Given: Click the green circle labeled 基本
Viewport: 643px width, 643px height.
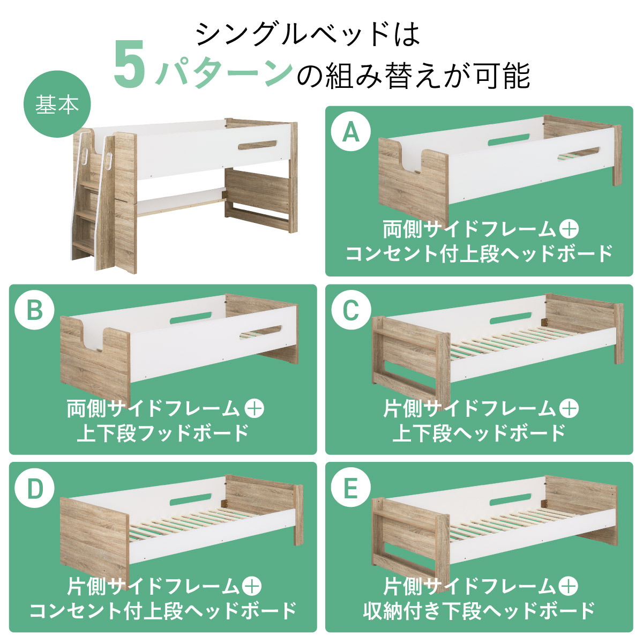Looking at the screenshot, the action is [x=57, y=104].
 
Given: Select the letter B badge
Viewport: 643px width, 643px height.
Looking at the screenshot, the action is [x=34, y=310].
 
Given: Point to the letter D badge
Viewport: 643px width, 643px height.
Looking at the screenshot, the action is [x=34, y=488].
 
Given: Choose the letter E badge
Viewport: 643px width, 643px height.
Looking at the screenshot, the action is [x=350, y=488].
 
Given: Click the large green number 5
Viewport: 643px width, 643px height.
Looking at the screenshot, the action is [x=130, y=64].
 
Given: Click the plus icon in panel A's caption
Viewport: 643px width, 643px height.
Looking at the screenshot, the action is [x=569, y=229].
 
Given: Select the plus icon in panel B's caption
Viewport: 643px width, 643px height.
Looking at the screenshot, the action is [x=255, y=408].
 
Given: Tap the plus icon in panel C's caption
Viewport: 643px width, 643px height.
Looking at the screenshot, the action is [x=569, y=408].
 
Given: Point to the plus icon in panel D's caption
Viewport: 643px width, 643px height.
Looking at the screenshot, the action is [x=252, y=586].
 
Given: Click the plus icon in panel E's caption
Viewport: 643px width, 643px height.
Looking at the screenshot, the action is [x=569, y=586].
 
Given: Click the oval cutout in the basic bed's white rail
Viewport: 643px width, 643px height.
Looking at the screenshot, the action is [x=257, y=146].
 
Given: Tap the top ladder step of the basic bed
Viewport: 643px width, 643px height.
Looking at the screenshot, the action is [x=91, y=184].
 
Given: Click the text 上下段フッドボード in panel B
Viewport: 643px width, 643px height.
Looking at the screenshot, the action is [x=163, y=433].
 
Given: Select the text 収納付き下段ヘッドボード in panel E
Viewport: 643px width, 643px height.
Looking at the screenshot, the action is [x=479, y=611].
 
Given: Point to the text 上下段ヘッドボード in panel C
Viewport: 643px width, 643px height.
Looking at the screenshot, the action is [x=479, y=433].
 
